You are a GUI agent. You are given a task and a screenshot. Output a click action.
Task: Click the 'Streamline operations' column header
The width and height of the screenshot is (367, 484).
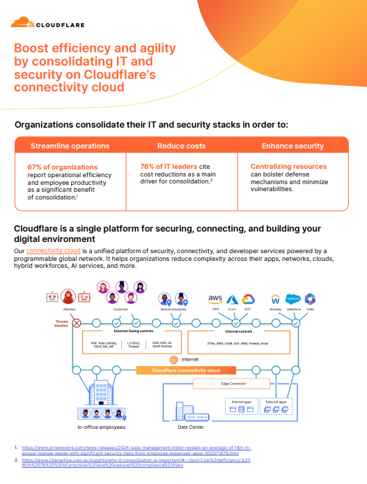[70, 146]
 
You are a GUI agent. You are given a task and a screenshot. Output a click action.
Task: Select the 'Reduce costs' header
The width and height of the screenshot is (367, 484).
[181, 146]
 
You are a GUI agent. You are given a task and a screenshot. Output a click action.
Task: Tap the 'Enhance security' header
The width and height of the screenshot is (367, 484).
[292, 146]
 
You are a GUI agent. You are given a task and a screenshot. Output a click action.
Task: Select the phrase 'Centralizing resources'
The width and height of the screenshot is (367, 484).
[288, 167]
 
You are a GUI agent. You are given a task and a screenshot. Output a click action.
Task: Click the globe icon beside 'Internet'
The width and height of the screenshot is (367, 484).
[173, 359]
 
